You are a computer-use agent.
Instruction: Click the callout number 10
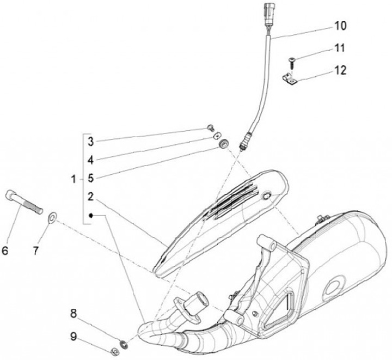pyautogui.click(x=340, y=26)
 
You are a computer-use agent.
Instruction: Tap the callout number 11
pyautogui.click(x=340, y=48)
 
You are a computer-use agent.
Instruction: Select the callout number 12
pyautogui.click(x=340, y=70)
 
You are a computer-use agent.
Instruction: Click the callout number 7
pyautogui.click(x=36, y=251)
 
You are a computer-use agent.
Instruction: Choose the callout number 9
pyautogui.click(x=73, y=336)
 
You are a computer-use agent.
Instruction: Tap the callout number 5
pyautogui.click(x=91, y=178)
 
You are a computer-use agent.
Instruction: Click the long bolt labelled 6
pyautogui.click(x=24, y=203)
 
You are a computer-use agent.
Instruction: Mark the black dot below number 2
pyautogui.click(x=92, y=216)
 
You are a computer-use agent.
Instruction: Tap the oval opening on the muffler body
pyautogui.click(x=334, y=286)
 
